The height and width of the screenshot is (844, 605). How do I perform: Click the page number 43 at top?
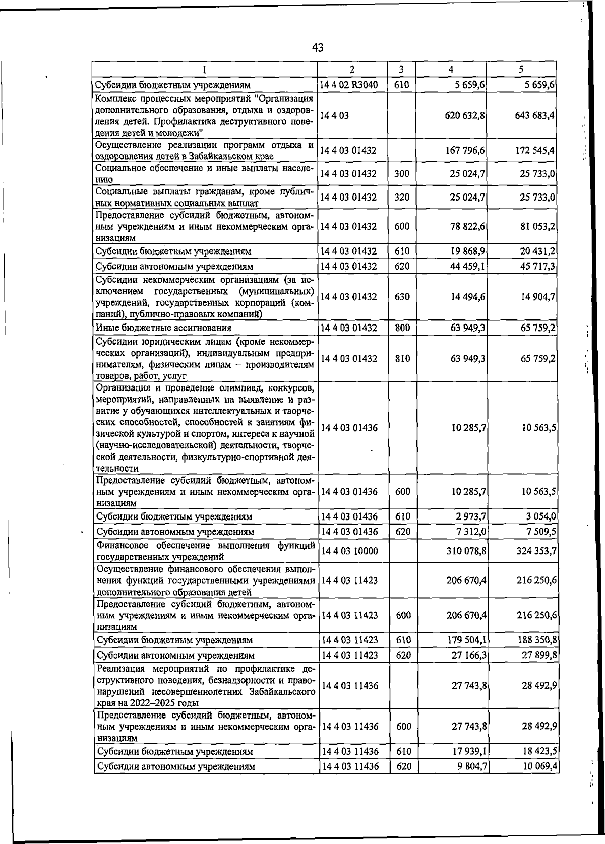point(317,48)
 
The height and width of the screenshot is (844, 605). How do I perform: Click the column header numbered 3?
point(401,69)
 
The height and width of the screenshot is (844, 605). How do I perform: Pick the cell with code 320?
point(402,197)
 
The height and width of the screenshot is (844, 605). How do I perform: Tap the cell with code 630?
point(402,297)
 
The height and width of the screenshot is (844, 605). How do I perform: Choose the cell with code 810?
point(402,359)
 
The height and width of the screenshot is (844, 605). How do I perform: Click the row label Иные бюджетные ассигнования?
point(164,328)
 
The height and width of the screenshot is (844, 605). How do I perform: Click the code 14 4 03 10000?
point(349,551)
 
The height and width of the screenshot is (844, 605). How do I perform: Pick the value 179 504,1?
point(466,640)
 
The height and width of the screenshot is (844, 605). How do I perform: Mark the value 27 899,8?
point(538,656)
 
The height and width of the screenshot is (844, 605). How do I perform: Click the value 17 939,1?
point(468,751)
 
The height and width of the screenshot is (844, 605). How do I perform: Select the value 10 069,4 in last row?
point(538,766)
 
